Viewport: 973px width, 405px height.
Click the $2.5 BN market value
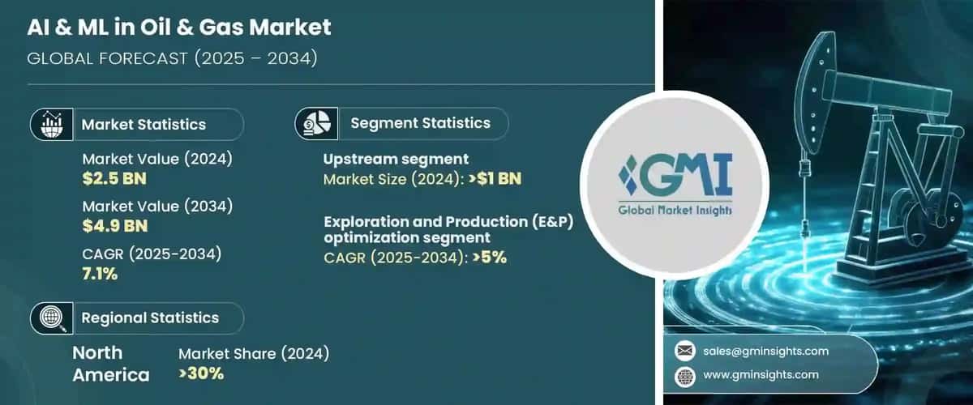[x=114, y=178]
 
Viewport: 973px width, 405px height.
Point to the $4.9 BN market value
[x=114, y=224]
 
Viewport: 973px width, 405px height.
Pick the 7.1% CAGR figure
[x=100, y=273]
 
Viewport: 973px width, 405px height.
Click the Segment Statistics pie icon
[x=315, y=124]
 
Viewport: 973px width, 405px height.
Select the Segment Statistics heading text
[x=420, y=124]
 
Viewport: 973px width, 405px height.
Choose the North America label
[x=110, y=364]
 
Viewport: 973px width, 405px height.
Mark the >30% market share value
[x=201, y=373]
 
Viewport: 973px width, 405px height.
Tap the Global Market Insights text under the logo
[x=673, y=211]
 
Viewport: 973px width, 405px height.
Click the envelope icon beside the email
[x=685, y=351]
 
